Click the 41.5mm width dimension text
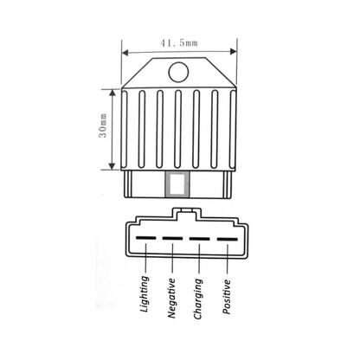coord(179,43)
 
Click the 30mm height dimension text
coord(103,125)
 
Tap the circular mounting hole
coord(178,72)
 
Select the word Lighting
coord(145,294)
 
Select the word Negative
coord(171,299)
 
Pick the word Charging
coord(198,299)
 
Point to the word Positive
coord(227,297)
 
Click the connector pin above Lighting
coord(146,238)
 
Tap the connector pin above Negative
coord(172,238)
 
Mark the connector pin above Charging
coord(199,239)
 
